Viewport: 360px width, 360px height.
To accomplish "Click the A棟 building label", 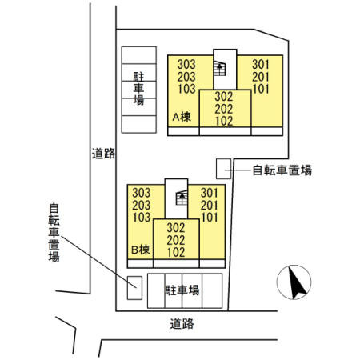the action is [182, 117].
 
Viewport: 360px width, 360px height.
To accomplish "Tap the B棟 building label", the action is [141, 250].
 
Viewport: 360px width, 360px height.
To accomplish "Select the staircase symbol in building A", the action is [219, 69].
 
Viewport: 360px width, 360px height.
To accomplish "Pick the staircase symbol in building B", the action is [182, 198].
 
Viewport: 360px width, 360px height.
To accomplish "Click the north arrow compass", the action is [294, 282].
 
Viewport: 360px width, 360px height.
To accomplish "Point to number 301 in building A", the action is [261, 64].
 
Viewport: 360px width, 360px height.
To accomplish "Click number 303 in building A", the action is [186, 64].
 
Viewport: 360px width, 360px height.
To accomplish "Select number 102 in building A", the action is [224, 121].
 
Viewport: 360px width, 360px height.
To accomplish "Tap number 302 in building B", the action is [176, 228].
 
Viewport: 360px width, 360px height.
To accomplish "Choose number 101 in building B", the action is [210, 218].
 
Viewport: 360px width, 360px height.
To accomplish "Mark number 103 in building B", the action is [142, 218].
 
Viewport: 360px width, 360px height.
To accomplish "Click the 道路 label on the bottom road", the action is [182, 323].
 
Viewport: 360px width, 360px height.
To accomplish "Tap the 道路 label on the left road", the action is [103, 154].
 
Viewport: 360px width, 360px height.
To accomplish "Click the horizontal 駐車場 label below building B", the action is [182, 290].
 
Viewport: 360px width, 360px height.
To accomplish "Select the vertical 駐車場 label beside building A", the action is [138, 88].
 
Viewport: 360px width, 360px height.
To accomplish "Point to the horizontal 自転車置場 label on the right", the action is [282, 170].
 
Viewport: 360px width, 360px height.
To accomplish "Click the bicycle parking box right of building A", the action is [223, 169].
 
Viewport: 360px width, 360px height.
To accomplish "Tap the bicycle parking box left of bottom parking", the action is [134, 288].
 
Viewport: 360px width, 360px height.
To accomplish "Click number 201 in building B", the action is [210, 206].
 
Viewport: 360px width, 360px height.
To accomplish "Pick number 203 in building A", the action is [186, 77].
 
